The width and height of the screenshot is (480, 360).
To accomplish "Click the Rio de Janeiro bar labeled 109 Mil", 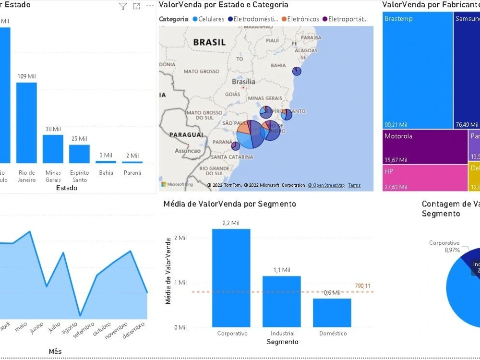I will pos(26,122).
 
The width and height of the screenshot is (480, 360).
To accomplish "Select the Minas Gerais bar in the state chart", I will pos(53,149).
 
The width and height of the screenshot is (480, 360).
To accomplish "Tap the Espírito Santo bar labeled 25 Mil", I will pos(79,154).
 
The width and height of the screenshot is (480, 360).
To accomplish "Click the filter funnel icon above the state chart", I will pos(123,6).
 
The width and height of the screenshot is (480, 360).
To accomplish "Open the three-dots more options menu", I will pos(150,6).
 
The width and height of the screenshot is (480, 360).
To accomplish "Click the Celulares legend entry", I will pos(208,19).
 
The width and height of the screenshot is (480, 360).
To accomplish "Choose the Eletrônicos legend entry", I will pos(300,19).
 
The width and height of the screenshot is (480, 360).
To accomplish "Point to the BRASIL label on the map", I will pos(209,42).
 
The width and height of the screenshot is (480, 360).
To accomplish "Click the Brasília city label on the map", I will pos(243,82).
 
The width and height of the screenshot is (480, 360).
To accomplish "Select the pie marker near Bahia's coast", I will pos(297,71).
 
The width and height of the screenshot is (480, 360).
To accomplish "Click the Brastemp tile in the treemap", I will pos(418,72).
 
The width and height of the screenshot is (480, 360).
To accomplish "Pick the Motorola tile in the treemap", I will pos(425,146).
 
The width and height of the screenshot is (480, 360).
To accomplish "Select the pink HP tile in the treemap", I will pos(425,178).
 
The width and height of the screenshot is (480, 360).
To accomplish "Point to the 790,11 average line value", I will pos(363,286).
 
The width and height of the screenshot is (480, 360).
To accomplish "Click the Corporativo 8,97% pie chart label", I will pos(444,246).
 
